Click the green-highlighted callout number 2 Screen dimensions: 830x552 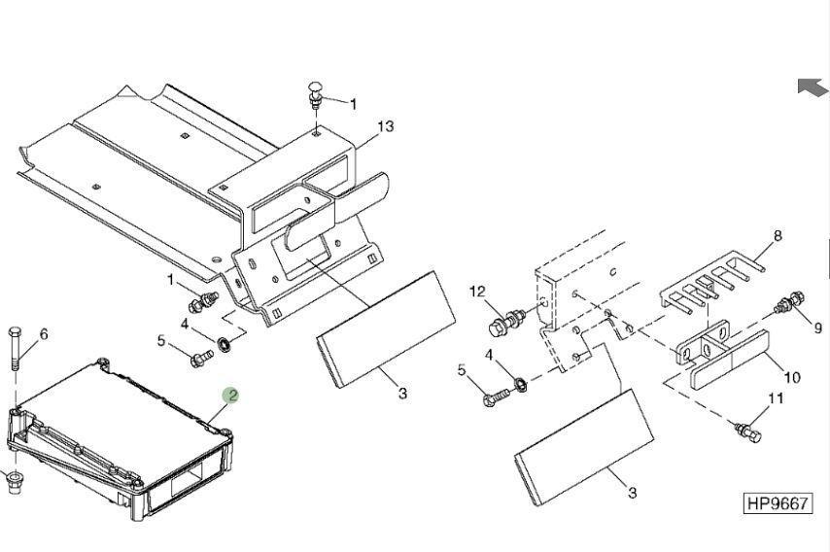[x=230, y=396]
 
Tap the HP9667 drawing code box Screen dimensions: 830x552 [x=778, y=502]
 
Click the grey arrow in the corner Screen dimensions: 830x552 [x=812, y=87]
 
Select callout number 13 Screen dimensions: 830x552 [x=386, y=126]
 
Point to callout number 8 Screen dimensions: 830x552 [x=778, y=235]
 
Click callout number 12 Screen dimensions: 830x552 [x=477, y=292]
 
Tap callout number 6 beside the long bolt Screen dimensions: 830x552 [x=44, y=334]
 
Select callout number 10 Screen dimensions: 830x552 [x=792, y=377]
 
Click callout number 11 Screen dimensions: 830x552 [x=775, y=397]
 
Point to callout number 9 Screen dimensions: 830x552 [x=818, y=328]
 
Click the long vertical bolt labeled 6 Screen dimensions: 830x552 [x=15, y=349]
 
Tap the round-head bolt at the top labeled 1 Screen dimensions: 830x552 [x=315, y=95]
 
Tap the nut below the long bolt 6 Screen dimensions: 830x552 [x=15, y=482]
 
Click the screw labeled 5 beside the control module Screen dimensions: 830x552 [x=202, y=359]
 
